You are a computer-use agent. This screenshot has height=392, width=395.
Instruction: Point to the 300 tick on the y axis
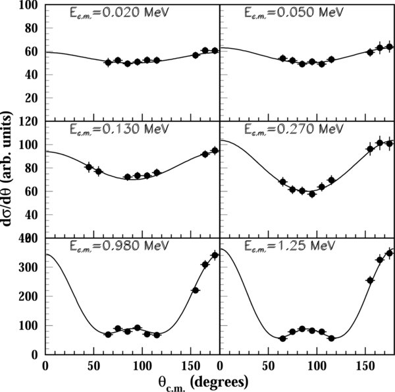[x=30, y=267]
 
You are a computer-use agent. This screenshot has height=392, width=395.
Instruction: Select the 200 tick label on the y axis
[x=30, y=296]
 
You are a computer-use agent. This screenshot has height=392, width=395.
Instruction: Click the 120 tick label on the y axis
[x=30, y=122]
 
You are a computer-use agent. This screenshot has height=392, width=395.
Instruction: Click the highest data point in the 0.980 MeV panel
[x=215, y=255]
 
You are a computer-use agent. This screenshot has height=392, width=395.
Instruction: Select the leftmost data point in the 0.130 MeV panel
[x=89, y=167]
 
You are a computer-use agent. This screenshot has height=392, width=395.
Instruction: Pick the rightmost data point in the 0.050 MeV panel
[x=389, y=47]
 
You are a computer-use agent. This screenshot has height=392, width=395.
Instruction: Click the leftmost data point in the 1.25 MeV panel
[x=282, y=339]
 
